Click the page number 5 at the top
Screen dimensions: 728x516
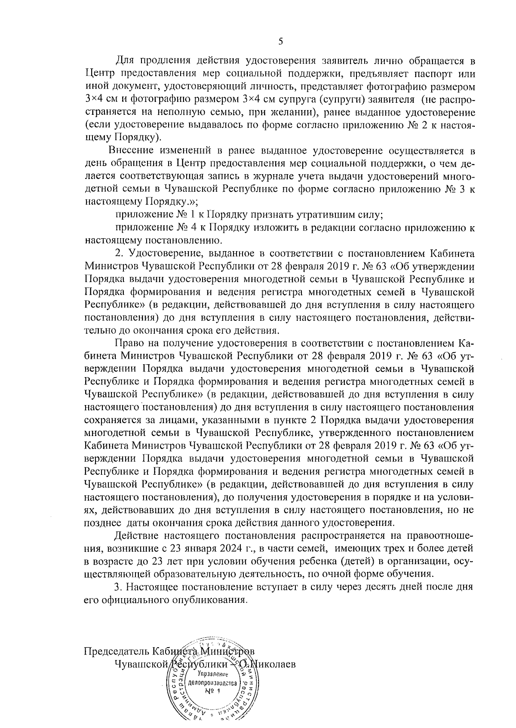(281, 41)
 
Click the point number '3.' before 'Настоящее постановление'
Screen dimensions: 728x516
(119, 587)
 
